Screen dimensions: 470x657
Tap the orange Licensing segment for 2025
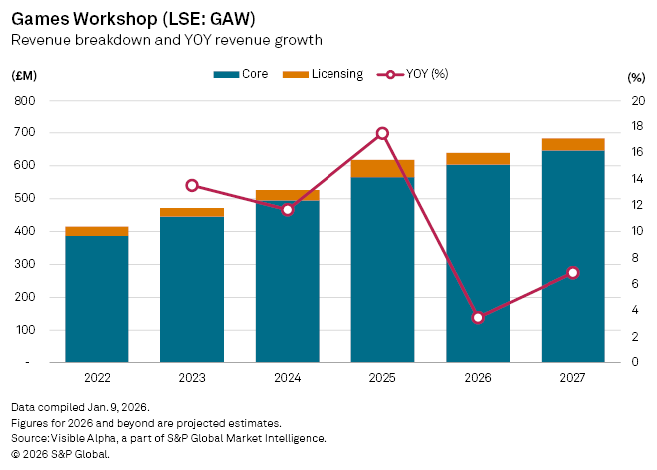pyautogui.click(x=382, y=168)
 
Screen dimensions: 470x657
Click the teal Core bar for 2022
pyautogui.click(x=97, y=299)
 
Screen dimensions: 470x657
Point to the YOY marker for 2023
pyautogui.click(x=192, y=185)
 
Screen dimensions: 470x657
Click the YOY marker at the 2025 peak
pyautogui.click(x=382, y=133)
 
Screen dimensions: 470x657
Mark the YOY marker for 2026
pyautogui.click(x=478, y=317)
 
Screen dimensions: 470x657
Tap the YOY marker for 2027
pyautogui.click(x=572, y=273)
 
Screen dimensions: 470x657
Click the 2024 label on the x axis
pyautogui.click(x=287, y=378)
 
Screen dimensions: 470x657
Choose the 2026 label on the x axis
pyautogui.click(x=478, y=378)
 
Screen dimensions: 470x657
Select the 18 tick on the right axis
pyautogui.click(x=637, y=126)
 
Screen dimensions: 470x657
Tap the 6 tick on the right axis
pyautogui.click(x=637, y=284)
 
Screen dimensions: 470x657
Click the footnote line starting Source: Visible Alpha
pyautogui.click(x=168, y=438)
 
